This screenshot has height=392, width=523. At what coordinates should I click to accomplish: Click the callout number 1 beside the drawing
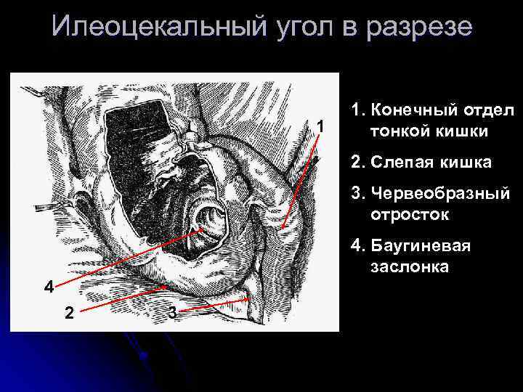[320, 128]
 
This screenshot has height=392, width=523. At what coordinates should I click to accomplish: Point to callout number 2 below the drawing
[68, 313]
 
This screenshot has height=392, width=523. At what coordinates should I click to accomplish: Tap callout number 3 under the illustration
[171, 313]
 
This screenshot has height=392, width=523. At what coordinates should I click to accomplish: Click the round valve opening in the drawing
[206, 219]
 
